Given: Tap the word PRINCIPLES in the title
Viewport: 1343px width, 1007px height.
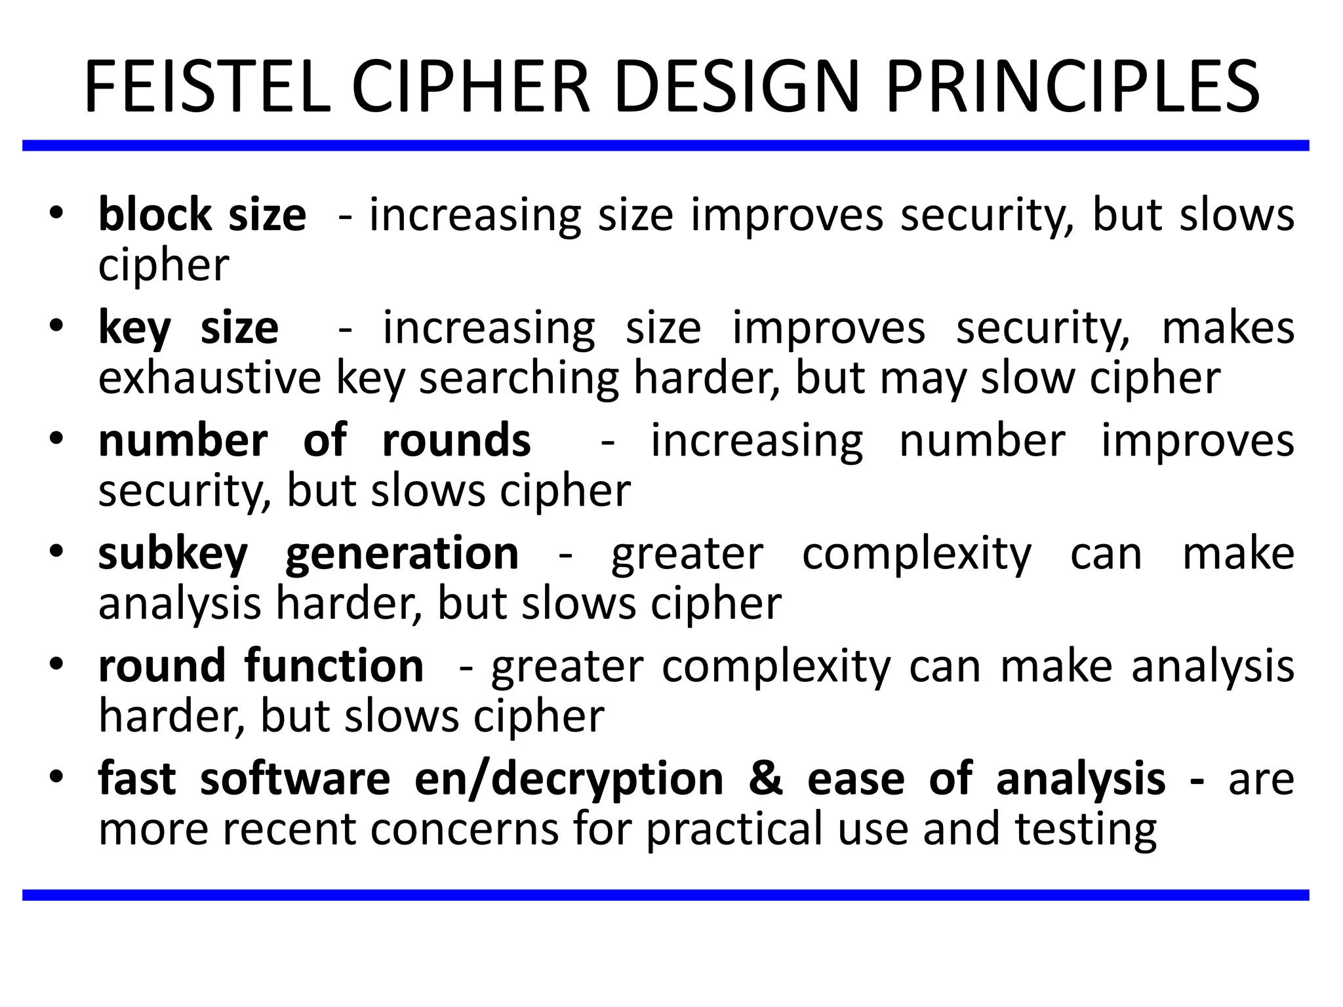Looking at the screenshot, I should click(1072, 88).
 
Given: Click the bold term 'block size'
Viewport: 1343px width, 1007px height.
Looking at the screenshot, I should click(202, 215).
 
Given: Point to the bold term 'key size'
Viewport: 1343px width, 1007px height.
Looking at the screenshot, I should click(188, 328).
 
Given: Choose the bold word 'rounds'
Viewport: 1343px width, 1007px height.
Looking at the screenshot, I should click(456, 441).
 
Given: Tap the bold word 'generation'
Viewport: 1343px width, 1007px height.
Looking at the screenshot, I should click(402, 555).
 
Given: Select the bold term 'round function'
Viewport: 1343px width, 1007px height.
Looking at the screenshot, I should click(261, 667).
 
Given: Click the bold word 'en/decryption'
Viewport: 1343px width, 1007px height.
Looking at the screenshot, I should click(569, 780).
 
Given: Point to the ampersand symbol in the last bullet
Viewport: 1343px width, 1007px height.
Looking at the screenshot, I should click(765, 780).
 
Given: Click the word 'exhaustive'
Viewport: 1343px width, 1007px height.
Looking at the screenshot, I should click(210, 378).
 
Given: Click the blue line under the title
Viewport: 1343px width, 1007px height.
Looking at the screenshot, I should click(666, 146).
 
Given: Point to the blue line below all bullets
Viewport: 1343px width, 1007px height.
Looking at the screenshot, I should click(666, 895).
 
